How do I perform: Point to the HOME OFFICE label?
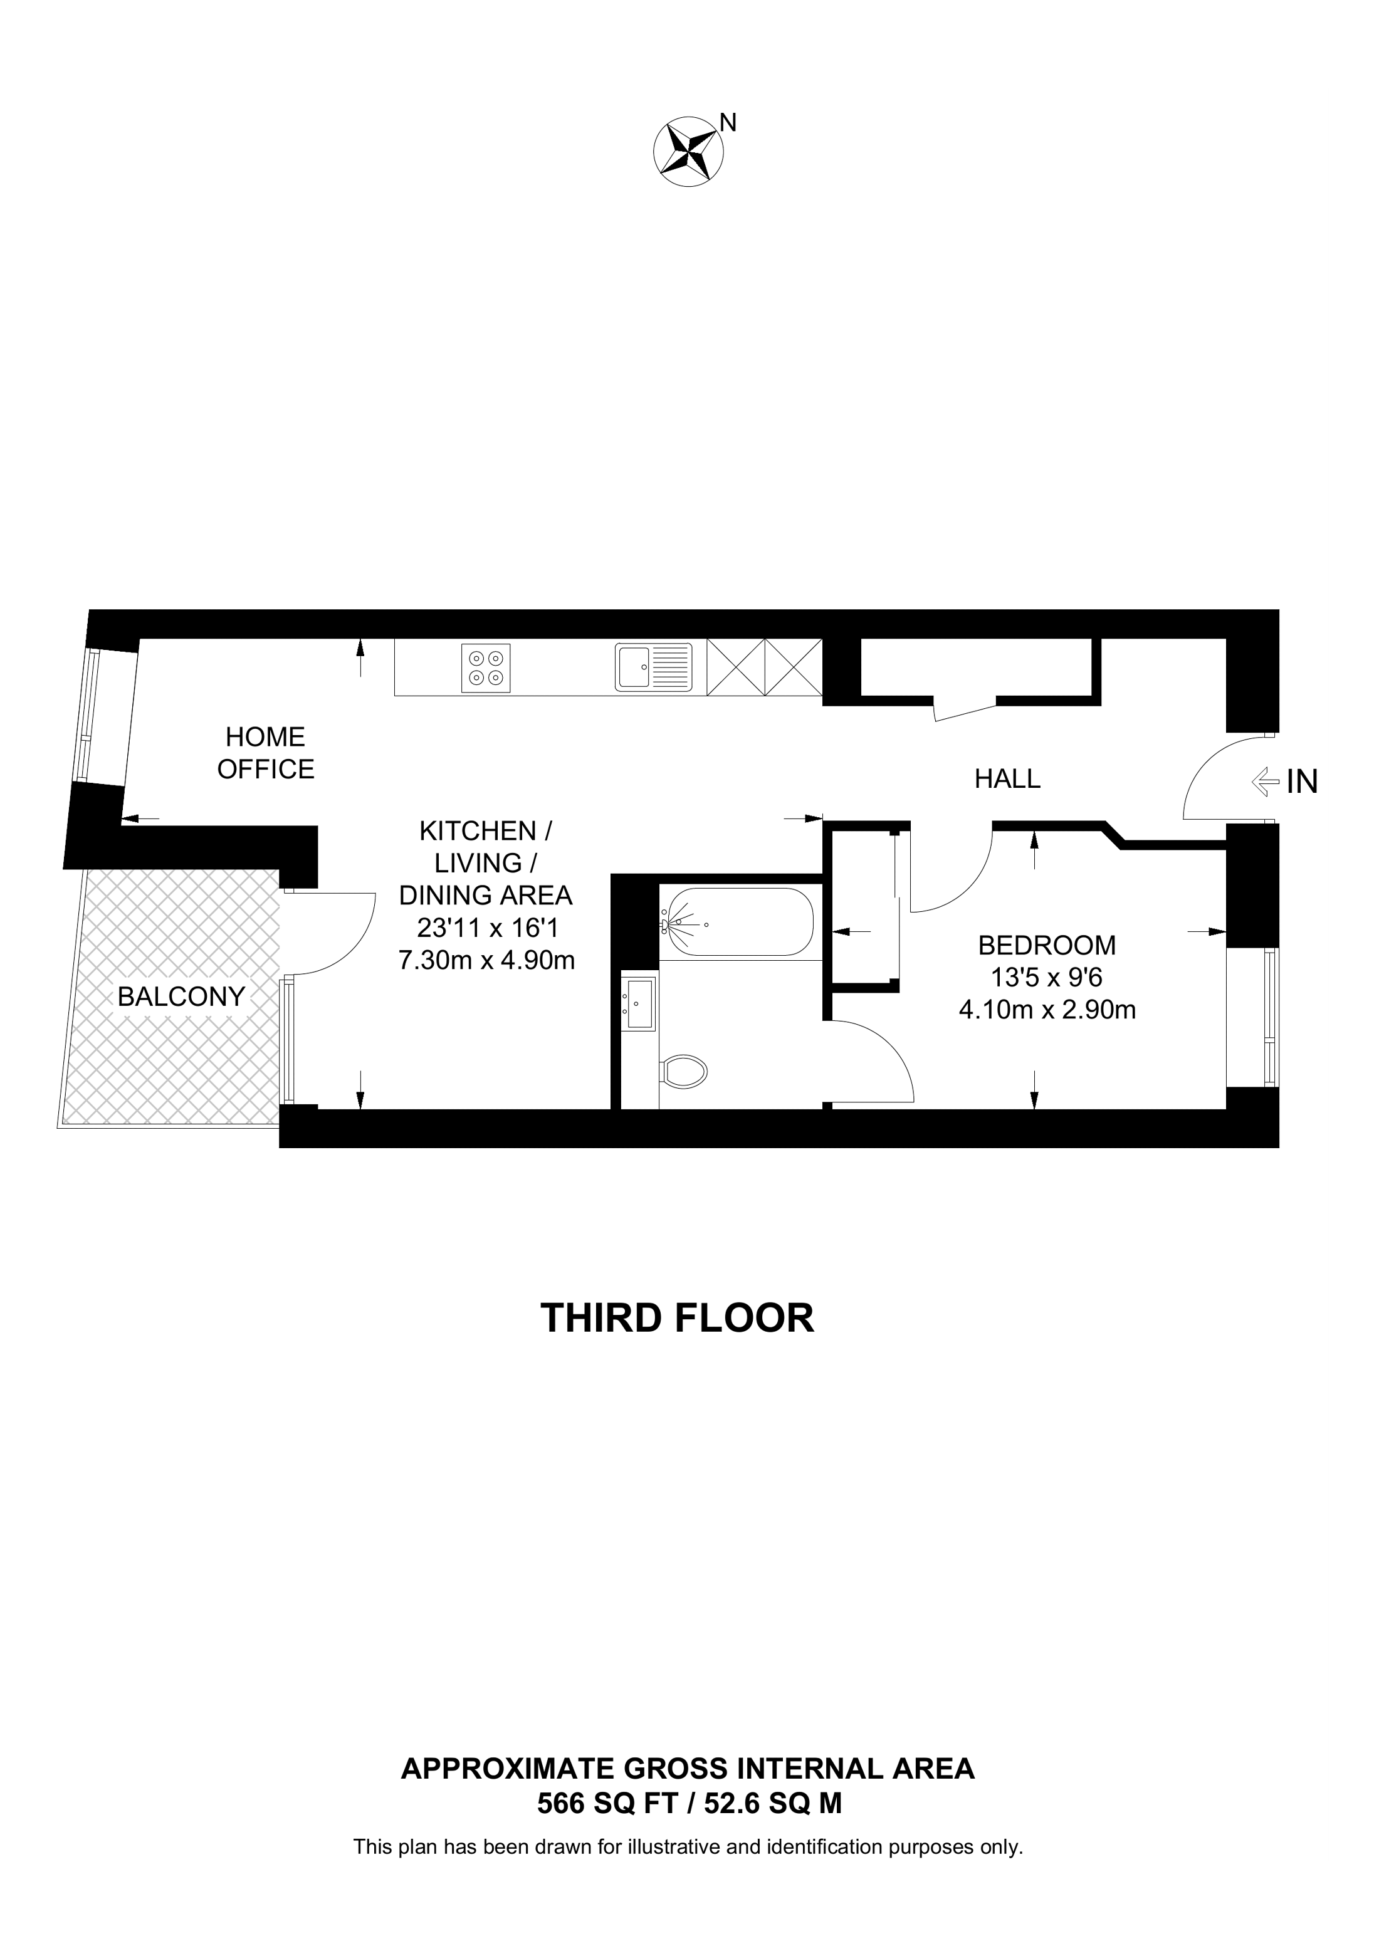coord(265,753)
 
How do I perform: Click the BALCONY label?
coord(181,996)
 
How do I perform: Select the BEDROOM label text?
coord(1047,945)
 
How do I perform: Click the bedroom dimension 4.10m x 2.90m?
coord(1047,1010)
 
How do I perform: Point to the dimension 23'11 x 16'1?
coord(487,928)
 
